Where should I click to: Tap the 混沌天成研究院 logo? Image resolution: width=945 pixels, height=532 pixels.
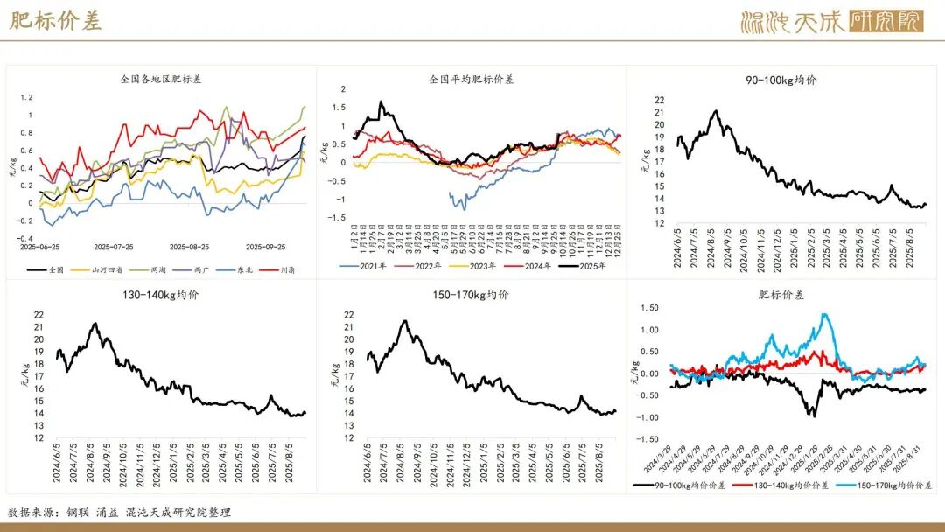(x=831, y=21)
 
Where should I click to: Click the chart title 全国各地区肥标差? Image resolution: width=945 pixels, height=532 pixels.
(x=161, y=79)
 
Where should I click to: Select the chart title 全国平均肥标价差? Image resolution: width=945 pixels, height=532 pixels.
(x=472, y=79)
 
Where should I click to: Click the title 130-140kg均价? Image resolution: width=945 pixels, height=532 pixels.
(x=161, y=295)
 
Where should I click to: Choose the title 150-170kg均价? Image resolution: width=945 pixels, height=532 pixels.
(x=472, y=295)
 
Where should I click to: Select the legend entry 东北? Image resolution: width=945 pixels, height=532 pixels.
(x=242, y=270)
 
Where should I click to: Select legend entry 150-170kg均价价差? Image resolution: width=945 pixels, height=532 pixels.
(x=892, y=484)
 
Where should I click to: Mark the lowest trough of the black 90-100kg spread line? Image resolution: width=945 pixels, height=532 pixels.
(x=811, y=415)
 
